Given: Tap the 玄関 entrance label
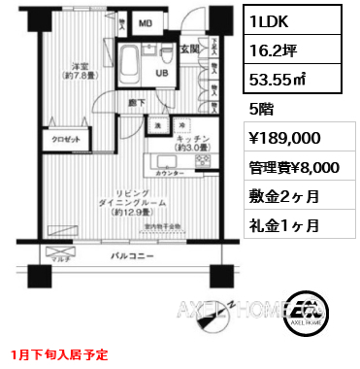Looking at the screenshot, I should [x=190, y=48].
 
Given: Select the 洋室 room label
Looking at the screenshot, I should [x=73, y=69].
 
